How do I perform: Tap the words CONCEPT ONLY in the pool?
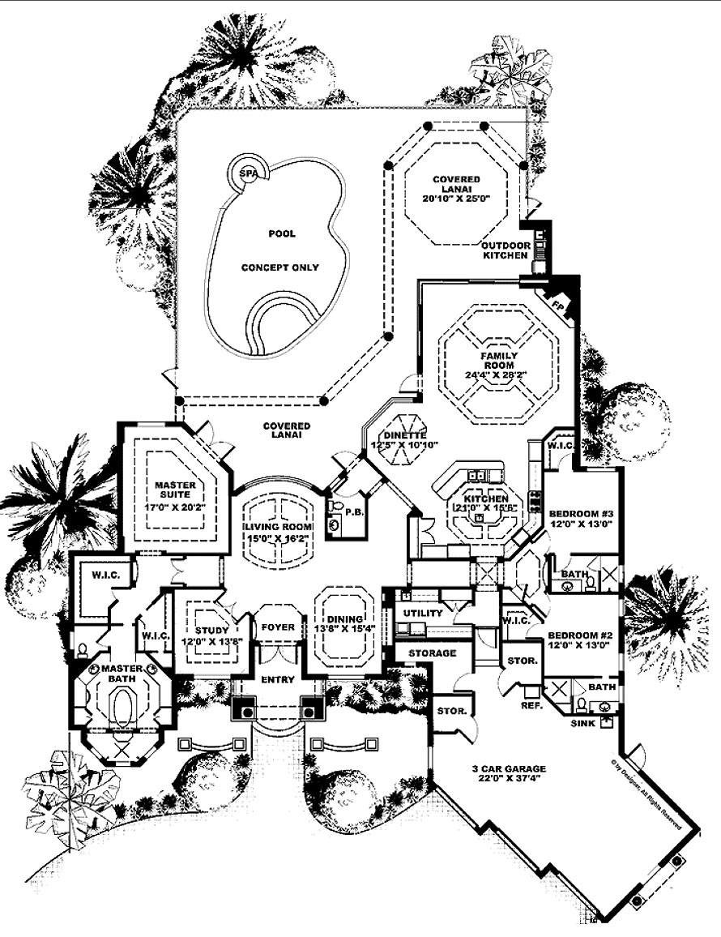281,267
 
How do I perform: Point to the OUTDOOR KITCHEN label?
506,250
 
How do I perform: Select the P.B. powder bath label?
352,513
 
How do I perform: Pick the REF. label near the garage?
531,705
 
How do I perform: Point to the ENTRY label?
277,679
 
